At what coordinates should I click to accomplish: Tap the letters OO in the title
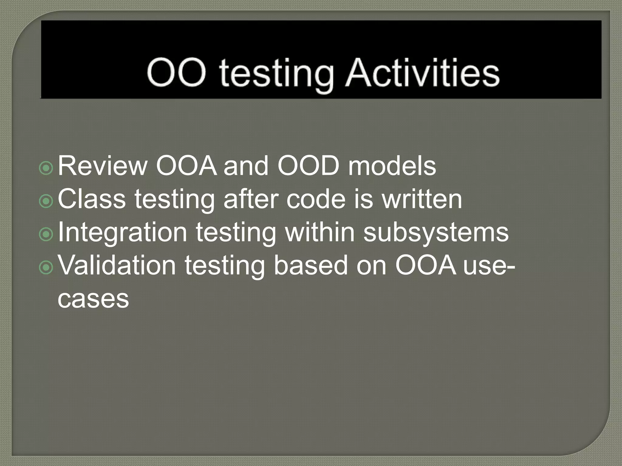point(176,73)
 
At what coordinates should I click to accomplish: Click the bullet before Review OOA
point(46,168)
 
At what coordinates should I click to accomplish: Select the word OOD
point(309,166)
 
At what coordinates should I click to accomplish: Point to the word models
point(392,166)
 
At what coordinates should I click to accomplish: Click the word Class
point(91,199)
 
